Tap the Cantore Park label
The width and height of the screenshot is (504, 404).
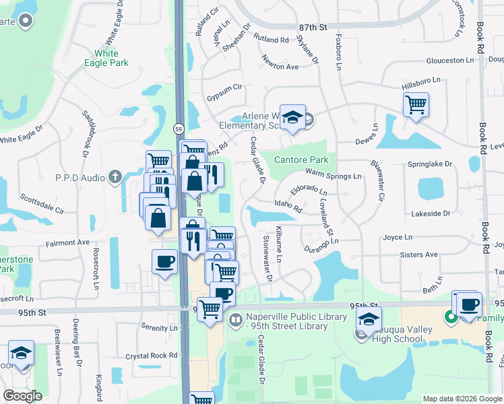click(301, 160)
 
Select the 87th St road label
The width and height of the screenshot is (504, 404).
click(313, 28)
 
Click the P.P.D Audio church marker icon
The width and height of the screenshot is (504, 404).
click(115, 177)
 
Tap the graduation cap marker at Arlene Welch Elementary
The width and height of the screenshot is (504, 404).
click(293, 117)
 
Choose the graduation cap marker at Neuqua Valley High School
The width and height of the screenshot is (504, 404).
click(369, 319)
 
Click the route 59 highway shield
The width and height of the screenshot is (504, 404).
click(178, 128)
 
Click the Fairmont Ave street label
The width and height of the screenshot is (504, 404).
click(67, 242)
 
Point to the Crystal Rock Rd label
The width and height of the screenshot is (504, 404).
click(150, 356)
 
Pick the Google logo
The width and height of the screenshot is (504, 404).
click(23, 396)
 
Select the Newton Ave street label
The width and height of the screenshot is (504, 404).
click(280, 67)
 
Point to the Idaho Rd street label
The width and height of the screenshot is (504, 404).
click(287, 205)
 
